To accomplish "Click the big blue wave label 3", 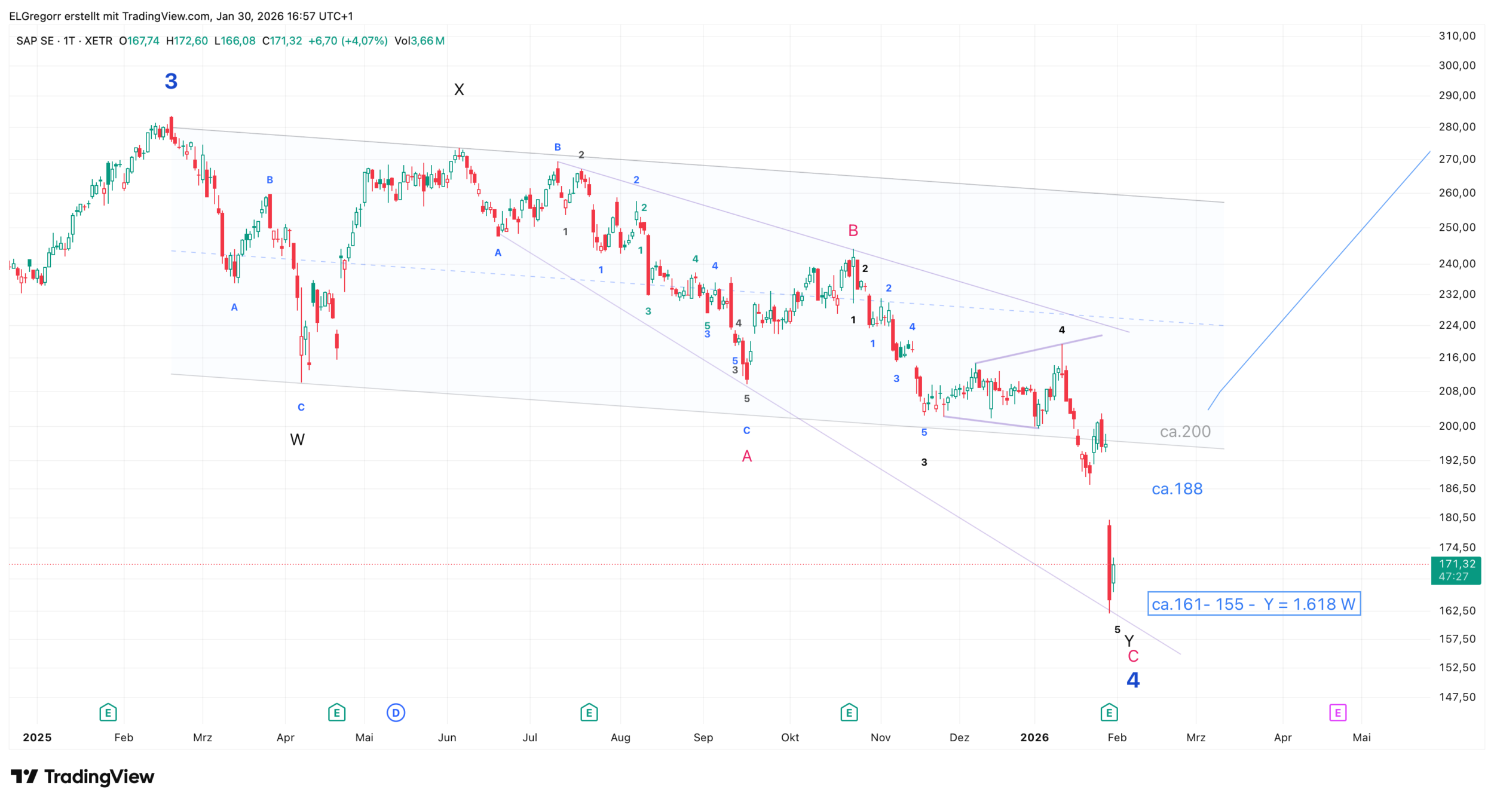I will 171,81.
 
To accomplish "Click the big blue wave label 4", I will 1133,680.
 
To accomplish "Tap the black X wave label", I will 459,90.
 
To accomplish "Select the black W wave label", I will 297,440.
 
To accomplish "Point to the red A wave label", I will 747,457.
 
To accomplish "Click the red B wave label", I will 853,231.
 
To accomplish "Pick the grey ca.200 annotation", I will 1185,432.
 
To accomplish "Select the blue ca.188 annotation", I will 1177,489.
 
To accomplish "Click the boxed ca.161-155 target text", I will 1254,604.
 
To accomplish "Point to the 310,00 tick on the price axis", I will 1457,36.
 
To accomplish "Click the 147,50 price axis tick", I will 1457,697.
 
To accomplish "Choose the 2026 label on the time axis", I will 1034,738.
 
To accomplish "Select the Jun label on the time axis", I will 447,738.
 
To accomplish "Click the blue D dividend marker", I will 396,713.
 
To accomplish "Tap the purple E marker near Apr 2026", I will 1337,713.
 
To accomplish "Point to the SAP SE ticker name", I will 35,41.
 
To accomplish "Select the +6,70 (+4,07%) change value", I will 348,41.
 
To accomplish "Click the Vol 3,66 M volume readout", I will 420,41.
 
